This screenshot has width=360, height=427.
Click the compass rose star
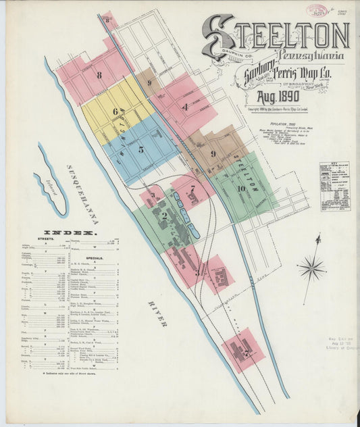(311, 268)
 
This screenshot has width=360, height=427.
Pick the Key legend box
(334, 186)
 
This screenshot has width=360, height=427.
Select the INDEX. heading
(70, 232)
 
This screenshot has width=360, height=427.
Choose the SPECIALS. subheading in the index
(95, 257)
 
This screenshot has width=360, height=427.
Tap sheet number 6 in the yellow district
(115, 111)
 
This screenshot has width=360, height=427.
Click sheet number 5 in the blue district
(141, 149)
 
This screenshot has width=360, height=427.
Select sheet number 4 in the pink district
(184, 106)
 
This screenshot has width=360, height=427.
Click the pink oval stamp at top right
(316, 10)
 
